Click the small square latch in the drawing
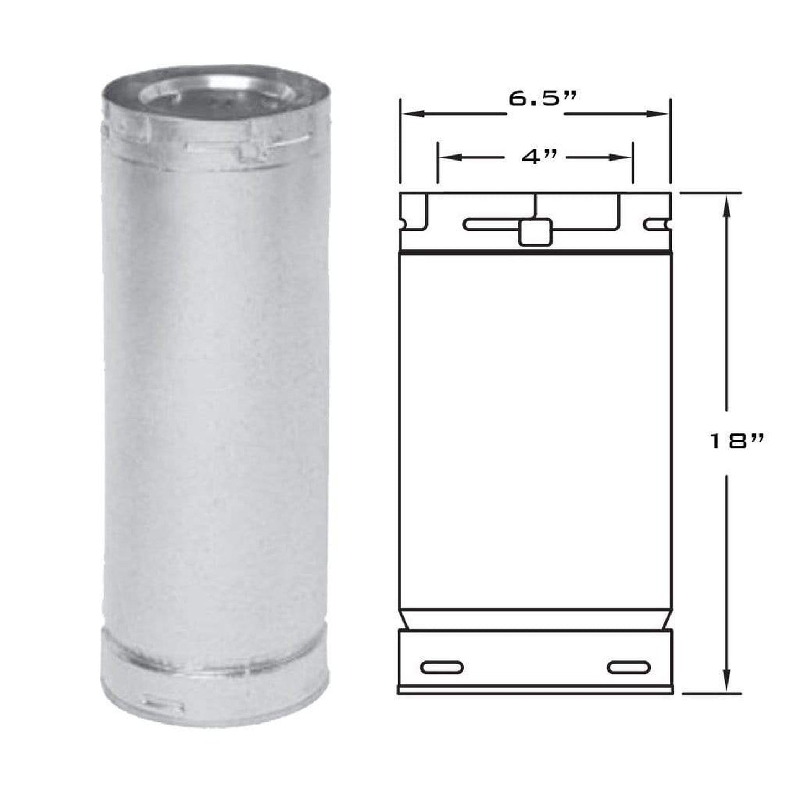535,232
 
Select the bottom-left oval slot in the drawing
441,667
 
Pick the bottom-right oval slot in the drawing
628,667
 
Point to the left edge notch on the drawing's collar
404,224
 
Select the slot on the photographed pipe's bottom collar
162,706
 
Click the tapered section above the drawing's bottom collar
535,619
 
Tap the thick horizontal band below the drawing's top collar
535,252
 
